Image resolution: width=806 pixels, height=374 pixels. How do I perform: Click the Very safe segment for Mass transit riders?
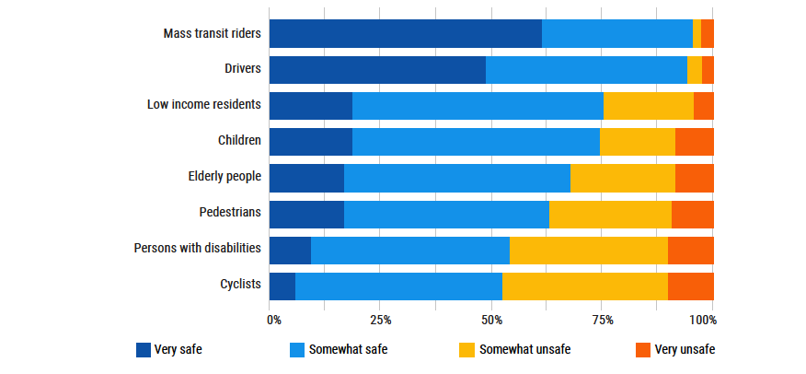coord(405,33)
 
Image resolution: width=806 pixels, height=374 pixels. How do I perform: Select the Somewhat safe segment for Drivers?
coord(586,70)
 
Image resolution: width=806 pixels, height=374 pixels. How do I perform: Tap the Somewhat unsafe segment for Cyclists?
coord(584,286)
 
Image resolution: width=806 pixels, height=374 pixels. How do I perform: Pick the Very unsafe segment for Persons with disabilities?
coord(690,251)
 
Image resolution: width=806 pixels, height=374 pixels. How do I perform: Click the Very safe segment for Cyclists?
coord(282,286)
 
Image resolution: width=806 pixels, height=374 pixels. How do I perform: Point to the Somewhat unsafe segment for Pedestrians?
coord(610,214)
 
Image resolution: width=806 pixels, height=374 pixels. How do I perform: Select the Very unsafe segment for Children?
coord(694,142)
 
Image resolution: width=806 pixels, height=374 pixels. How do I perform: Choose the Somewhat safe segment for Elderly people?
coord(456,178)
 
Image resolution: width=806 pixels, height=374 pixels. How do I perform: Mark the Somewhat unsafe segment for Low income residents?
coord(648,106)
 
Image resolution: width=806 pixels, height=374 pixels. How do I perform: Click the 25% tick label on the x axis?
coord(381,321)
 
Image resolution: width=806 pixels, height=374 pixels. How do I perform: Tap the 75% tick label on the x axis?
coord(603,321)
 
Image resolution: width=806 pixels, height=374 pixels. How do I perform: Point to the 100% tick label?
coord(704,321)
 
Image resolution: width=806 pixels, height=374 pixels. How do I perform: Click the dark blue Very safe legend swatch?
coord(143,350)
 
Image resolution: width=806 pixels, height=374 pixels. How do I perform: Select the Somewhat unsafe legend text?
coord(524,350)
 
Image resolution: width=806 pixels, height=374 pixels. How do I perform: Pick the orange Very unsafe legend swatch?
coord(643,350)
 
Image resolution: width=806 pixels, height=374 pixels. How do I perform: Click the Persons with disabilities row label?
coord(198,249)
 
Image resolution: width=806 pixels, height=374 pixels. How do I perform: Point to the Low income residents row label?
coord(204,104)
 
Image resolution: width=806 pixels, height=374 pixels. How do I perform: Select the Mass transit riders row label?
coord(213,33)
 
